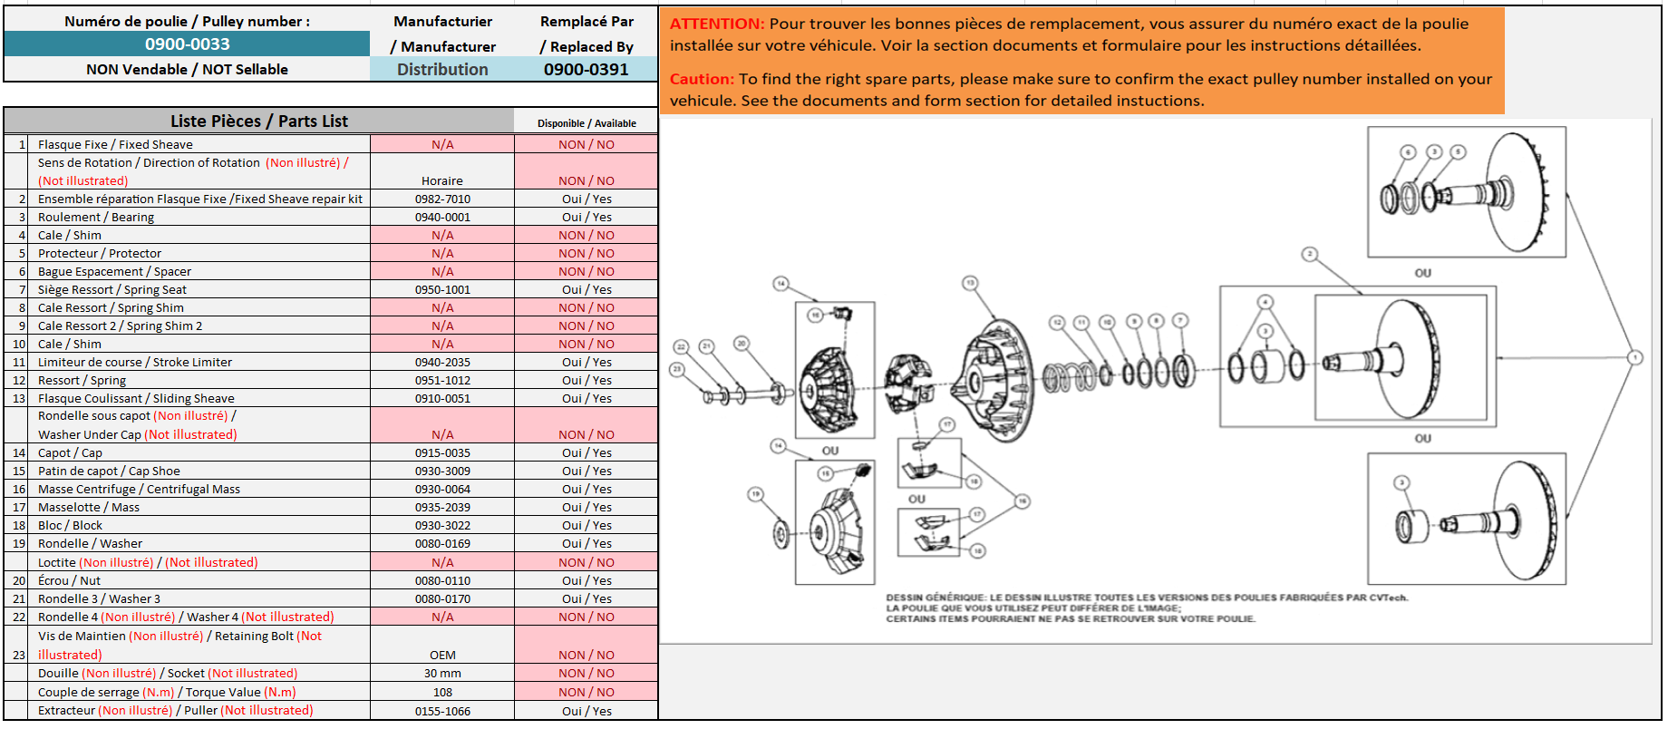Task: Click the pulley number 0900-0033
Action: (187, 44)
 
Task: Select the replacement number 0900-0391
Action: (586, 69)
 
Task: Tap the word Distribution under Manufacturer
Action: (442, 69)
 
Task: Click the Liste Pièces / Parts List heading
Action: (258, 121)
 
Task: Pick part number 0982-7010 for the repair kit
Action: (442, 199)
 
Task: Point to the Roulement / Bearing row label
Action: (96, 217)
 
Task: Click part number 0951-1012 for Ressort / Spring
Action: (442, 380)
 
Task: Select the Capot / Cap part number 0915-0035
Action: (442, 452)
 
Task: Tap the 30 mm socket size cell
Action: (442, 673)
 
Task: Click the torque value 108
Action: (442, 692)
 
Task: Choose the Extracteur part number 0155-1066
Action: (442, 711)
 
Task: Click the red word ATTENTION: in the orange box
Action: (717, 24)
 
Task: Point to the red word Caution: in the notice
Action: (702, 79)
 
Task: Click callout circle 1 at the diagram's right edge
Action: (1635, 357)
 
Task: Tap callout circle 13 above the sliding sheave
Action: (970, 283)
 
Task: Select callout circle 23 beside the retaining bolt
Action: (676, 369)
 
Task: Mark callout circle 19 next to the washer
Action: (755, 494)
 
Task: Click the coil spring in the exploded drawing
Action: (1070, 376)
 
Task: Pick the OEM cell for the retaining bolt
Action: (442, 655)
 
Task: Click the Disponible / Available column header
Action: (587, 123)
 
